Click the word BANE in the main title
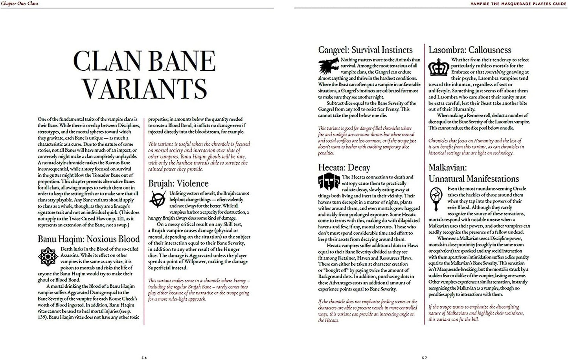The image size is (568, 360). [181, 62]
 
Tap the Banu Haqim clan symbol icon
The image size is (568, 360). [48, 257]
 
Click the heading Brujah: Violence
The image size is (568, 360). [178, 183]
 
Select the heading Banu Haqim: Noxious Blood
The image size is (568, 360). [89, 239]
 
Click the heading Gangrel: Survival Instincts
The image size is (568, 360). [365, 50]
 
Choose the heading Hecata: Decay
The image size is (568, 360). [344, 168]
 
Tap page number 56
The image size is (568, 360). [144, 358]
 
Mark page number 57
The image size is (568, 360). [424, 358]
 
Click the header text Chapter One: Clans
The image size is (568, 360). [19, 4]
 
